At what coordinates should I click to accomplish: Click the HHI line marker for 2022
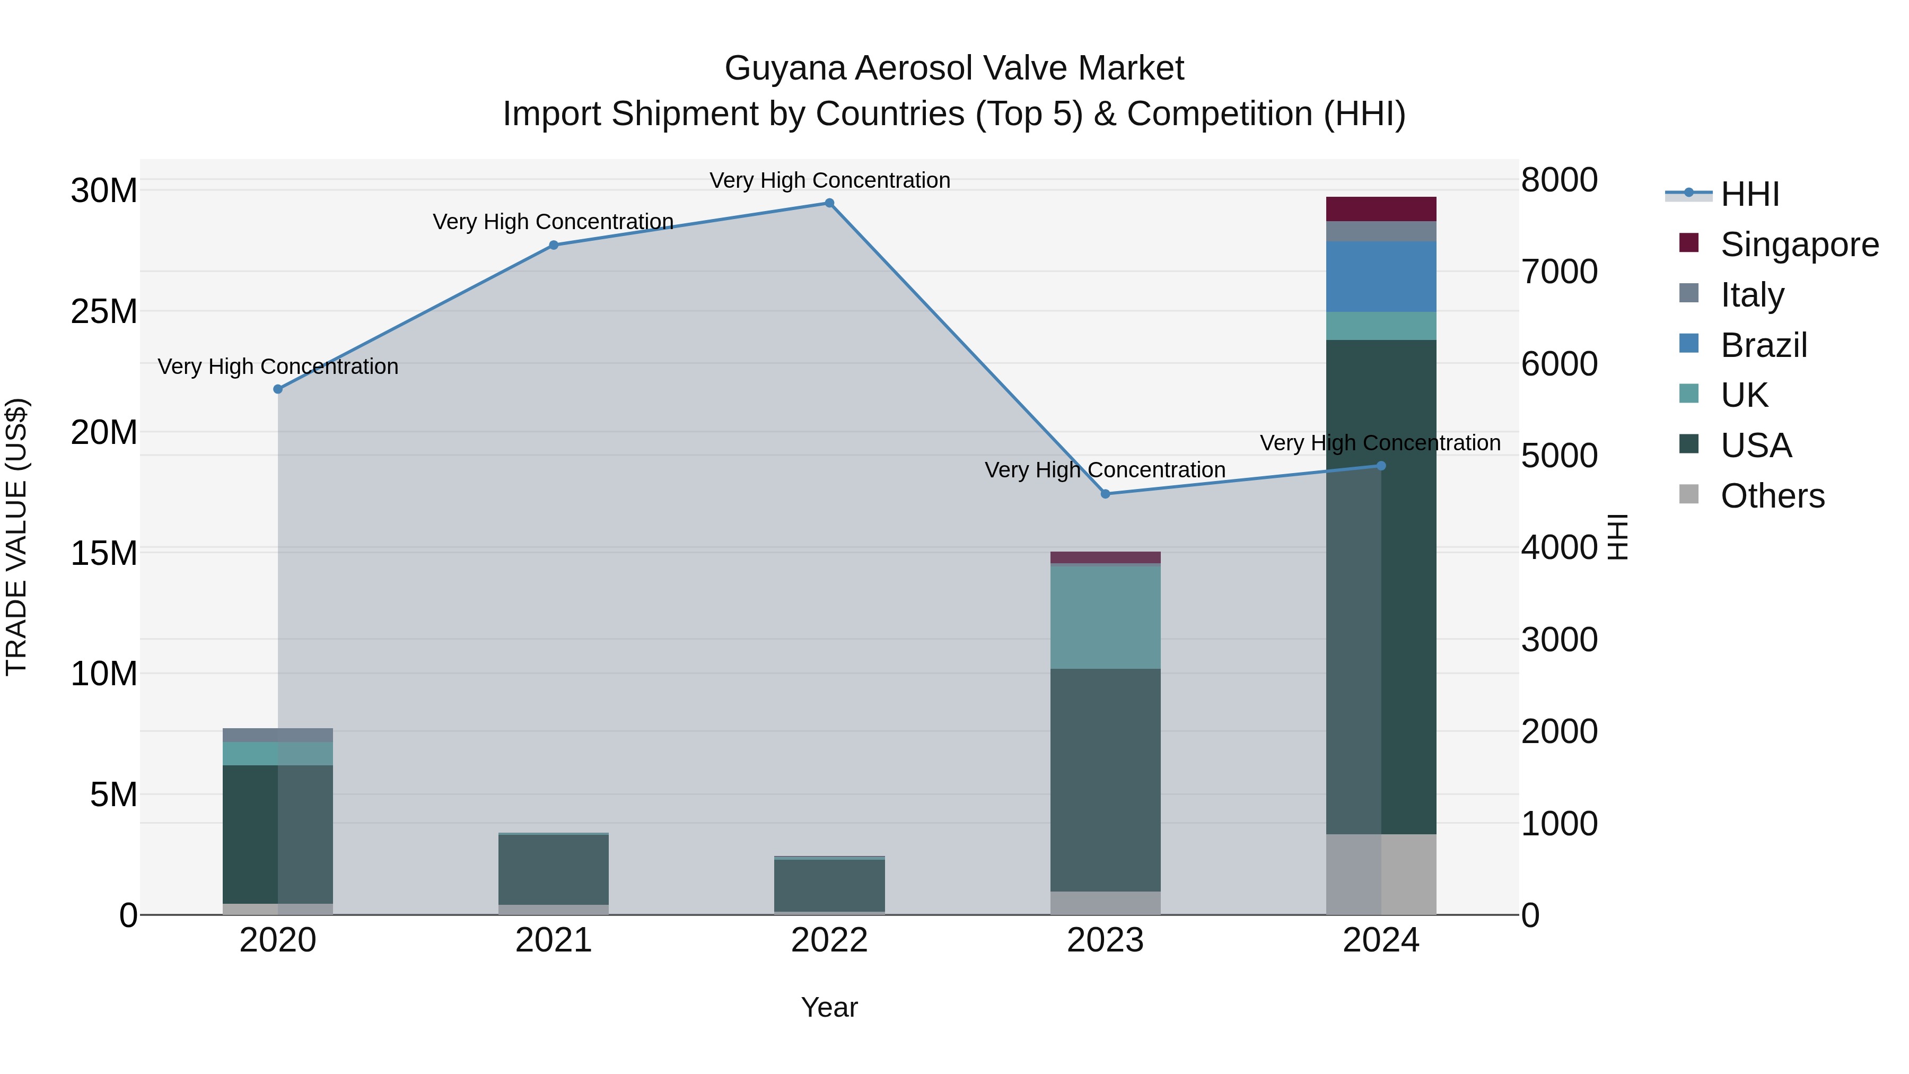tap(829, 203)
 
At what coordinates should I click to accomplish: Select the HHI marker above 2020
tap(278, 389)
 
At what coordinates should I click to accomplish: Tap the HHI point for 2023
tap(1105, 494)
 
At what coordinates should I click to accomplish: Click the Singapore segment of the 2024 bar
tap(1381, 209)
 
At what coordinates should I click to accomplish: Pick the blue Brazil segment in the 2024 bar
tap(1381, 276)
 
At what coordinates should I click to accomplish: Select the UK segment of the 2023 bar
tap(1105, 617)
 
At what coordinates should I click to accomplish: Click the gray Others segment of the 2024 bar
tap(1381, 874)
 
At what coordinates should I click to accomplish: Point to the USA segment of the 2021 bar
tap(554, 869)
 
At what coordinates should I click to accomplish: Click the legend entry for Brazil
tap(1763, 345)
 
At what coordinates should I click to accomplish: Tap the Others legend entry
tap(1772, 496)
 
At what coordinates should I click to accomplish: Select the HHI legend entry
tap(1749, 194)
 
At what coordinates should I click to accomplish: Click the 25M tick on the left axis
tap(104, 312)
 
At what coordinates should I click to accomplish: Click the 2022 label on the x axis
tap(829, 940)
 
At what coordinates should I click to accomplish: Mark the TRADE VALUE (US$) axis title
tap(17, 537)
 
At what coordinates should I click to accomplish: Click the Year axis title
tap(829, 1007)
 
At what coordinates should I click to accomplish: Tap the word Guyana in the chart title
tap(785, 68)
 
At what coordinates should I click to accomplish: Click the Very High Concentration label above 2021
tap(553, 222)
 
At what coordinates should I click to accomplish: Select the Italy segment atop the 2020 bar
tap(278, 735)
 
